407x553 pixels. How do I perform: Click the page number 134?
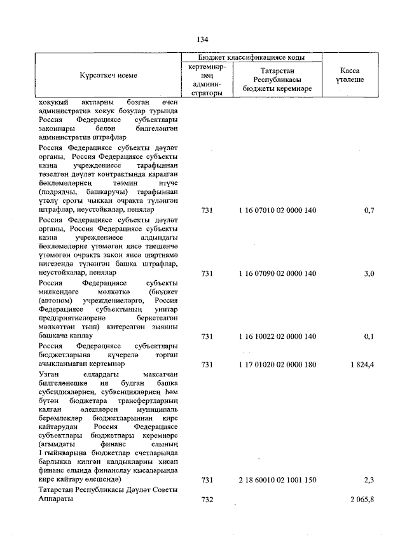203,39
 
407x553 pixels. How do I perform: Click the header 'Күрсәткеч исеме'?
108,76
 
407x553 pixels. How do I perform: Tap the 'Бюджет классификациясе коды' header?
251,57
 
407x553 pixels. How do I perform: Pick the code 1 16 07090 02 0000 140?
277,273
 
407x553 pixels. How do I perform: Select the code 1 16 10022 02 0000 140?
277,336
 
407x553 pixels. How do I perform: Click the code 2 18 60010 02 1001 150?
277,480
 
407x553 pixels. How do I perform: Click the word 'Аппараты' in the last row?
56,500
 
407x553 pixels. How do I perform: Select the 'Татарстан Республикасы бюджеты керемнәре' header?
277,80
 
